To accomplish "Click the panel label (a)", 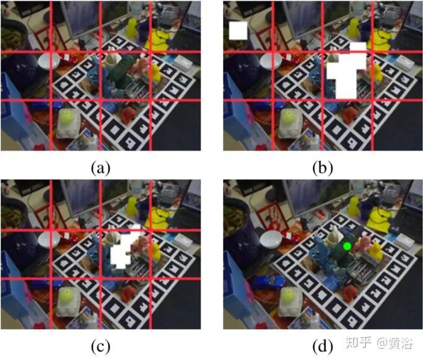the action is [100, 167].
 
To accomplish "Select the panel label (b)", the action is [323, 167].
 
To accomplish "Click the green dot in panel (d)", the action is [347, 246].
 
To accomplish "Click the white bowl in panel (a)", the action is [48, 61].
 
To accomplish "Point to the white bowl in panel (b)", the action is [271, 61].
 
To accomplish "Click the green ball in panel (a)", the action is [66, 116].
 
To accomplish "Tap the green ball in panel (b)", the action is [289, 116].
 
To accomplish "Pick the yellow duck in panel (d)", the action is [375, 253].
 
